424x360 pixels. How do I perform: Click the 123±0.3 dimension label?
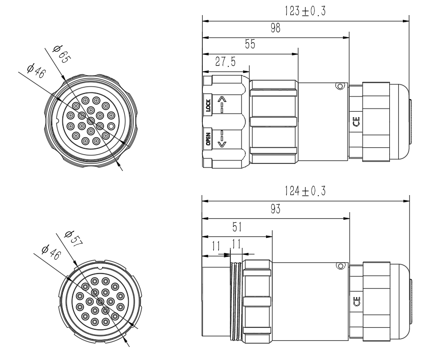pyautogui.click(x=305, y=11)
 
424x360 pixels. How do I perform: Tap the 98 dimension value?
pyautogui.click(x=276, y=28)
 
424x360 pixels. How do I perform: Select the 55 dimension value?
pyautogui.click(x=250, y=44)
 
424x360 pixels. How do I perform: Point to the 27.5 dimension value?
pyautogui.click(x=225, y=62)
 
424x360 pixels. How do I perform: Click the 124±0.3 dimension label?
pyautogui.click(x=305, y=191)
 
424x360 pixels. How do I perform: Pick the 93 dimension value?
pyautogui.click(x=276, y=209)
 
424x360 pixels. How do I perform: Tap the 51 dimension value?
pyautogui.click(x=237, y=227)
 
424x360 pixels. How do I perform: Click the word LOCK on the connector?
pyautogui.click(x=208, y=106)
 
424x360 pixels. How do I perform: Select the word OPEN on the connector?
pyautogui.click(x=208, y=139)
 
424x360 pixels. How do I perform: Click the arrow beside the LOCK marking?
pyautogui.click(x=222, y=104)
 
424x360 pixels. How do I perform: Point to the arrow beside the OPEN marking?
pyautogui.click(x=222, y=139)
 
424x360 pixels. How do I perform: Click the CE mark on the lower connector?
pyautogui.click(x=357, y=301)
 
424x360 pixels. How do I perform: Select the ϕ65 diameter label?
pyautogui.click(x=62, y=54)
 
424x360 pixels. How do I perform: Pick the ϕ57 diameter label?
pyautogui.click(x=73, y=238)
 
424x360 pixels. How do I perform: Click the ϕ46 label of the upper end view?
pyautogui.click(x=37, y=70)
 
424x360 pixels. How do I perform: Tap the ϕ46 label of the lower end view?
pyautogui.click(x=51, y=252)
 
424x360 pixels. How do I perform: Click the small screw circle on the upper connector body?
pyautogui.click(x=340, y=86)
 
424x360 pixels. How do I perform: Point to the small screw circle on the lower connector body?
pyautogui.click(x=341, y=266)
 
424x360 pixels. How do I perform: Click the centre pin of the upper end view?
pyautogui.click(x=91, y=121)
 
